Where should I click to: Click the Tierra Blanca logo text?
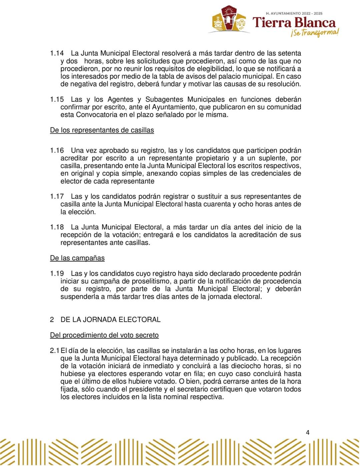point(294,23)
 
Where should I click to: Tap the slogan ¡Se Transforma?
point(314,33)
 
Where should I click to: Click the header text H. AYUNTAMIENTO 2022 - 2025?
point(294,13)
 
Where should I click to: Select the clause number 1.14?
point(57,53)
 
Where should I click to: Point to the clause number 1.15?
point(57,99)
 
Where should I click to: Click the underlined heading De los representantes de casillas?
point(102,130)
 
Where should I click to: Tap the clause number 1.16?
point(57,150)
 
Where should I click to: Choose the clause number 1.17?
point(57,196)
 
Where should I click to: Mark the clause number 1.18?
point(57,227)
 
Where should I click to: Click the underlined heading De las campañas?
point(77,258)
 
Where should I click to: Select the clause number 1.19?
point(57,274)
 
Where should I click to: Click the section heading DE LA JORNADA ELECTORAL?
point(110,320)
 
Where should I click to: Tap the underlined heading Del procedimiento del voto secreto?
point(104,335)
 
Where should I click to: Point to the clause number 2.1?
point(55,351)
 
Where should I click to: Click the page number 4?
point(308,433)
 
